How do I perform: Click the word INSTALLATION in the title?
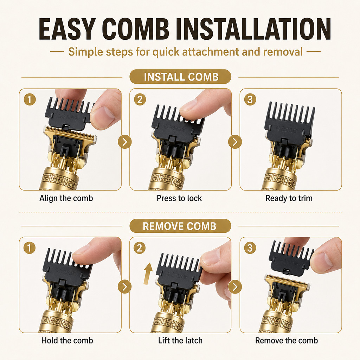coord(254,29)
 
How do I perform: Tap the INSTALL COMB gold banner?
coord(180,77)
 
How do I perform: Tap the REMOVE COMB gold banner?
coord(180,226)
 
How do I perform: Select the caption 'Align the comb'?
coord(66,198)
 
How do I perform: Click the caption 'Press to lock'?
coord(179,198)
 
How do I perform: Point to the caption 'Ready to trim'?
coord(289,198)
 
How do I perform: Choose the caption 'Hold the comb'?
coord(67,340)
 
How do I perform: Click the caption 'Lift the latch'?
coord(180,340)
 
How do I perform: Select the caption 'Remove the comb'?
coord(287,340)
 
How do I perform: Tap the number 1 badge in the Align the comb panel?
coord(30,99)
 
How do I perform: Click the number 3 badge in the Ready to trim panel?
coord(250,99)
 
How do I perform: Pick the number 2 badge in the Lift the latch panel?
coord(140,248)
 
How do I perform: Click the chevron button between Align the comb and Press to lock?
coord(125,142)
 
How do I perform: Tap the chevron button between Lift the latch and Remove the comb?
coord(235,287)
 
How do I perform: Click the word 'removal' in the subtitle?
coord(283,52)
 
